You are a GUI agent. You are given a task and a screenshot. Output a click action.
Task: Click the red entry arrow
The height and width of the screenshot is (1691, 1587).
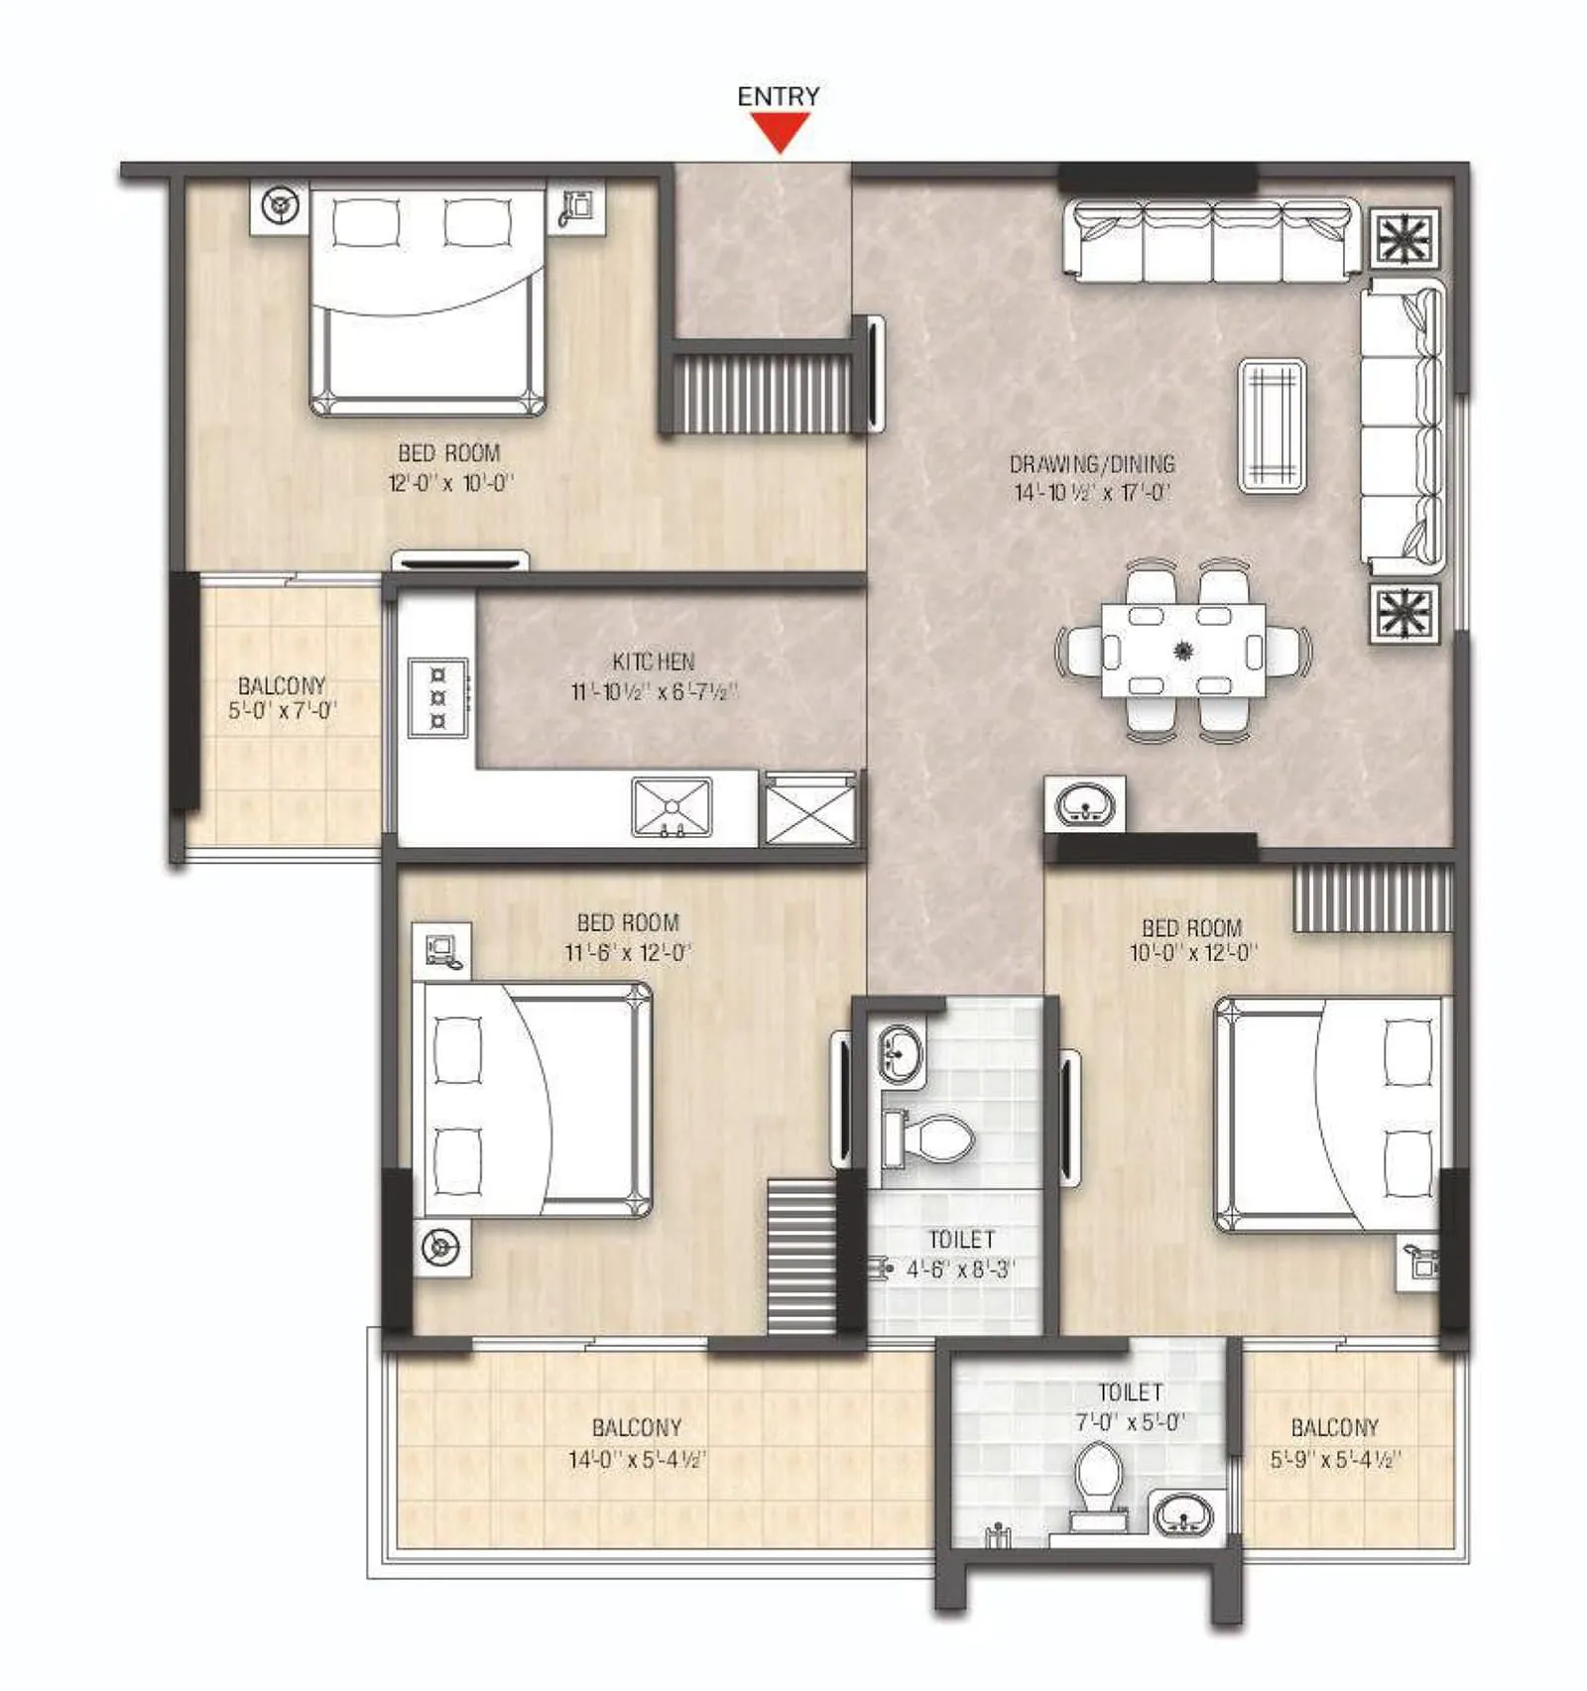(781, 131)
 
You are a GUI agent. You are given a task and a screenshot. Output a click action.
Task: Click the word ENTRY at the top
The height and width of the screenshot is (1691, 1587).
(779, 96)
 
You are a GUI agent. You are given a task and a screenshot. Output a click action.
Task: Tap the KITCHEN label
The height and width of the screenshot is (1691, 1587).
(653, 662)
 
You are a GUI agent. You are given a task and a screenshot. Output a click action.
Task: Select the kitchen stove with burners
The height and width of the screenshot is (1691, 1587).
(437, 698)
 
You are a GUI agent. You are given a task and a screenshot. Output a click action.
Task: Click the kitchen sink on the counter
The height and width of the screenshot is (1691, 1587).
(672, 807)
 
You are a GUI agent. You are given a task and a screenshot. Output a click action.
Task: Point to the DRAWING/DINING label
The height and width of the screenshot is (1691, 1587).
(1092, 463)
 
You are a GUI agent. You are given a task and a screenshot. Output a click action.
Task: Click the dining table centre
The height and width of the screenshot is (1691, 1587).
(1182, 652)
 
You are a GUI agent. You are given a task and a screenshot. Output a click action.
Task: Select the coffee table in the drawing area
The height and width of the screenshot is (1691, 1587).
(1272, 425)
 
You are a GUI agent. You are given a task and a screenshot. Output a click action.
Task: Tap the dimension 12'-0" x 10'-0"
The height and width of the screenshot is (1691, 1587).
(451, 484)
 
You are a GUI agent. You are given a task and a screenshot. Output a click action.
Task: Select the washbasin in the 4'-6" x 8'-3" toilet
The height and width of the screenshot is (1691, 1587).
(899, 1051)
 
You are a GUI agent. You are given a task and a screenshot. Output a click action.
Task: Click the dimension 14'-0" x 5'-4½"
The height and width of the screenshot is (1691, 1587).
(637, 1459)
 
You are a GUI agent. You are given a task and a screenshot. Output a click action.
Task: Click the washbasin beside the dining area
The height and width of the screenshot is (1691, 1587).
(1085, 804)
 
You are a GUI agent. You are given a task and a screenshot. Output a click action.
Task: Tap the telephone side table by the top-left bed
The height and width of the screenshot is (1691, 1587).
(576, 207)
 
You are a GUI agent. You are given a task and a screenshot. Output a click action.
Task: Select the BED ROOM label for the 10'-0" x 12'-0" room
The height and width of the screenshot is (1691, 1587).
(1191, 928)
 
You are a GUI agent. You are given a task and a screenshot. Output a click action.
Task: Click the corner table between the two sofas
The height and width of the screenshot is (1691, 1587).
(1404, 238)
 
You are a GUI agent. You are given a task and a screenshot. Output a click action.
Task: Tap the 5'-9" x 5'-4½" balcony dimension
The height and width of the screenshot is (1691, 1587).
(1335, 1459)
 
